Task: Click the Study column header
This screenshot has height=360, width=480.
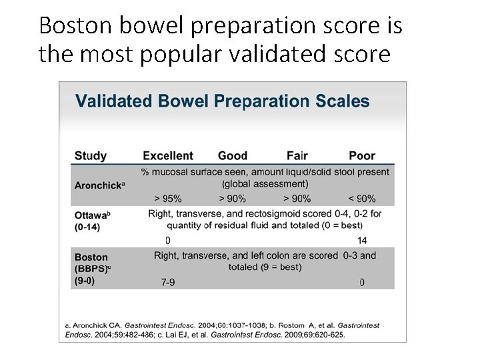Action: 90,156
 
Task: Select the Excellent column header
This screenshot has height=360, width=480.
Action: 168,156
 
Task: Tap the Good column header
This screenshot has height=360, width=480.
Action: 232,156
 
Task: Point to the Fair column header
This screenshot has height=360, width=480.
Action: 297,156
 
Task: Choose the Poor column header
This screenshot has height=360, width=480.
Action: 362,156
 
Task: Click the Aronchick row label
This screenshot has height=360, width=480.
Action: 98,184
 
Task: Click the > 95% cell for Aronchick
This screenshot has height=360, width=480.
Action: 167,198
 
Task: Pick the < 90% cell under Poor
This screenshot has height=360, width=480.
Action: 361,198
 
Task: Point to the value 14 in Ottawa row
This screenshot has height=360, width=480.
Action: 362,240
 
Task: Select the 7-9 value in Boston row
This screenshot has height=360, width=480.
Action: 169,282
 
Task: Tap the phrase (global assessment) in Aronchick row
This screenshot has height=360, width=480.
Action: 265,184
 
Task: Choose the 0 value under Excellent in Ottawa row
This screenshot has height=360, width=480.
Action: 167,240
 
